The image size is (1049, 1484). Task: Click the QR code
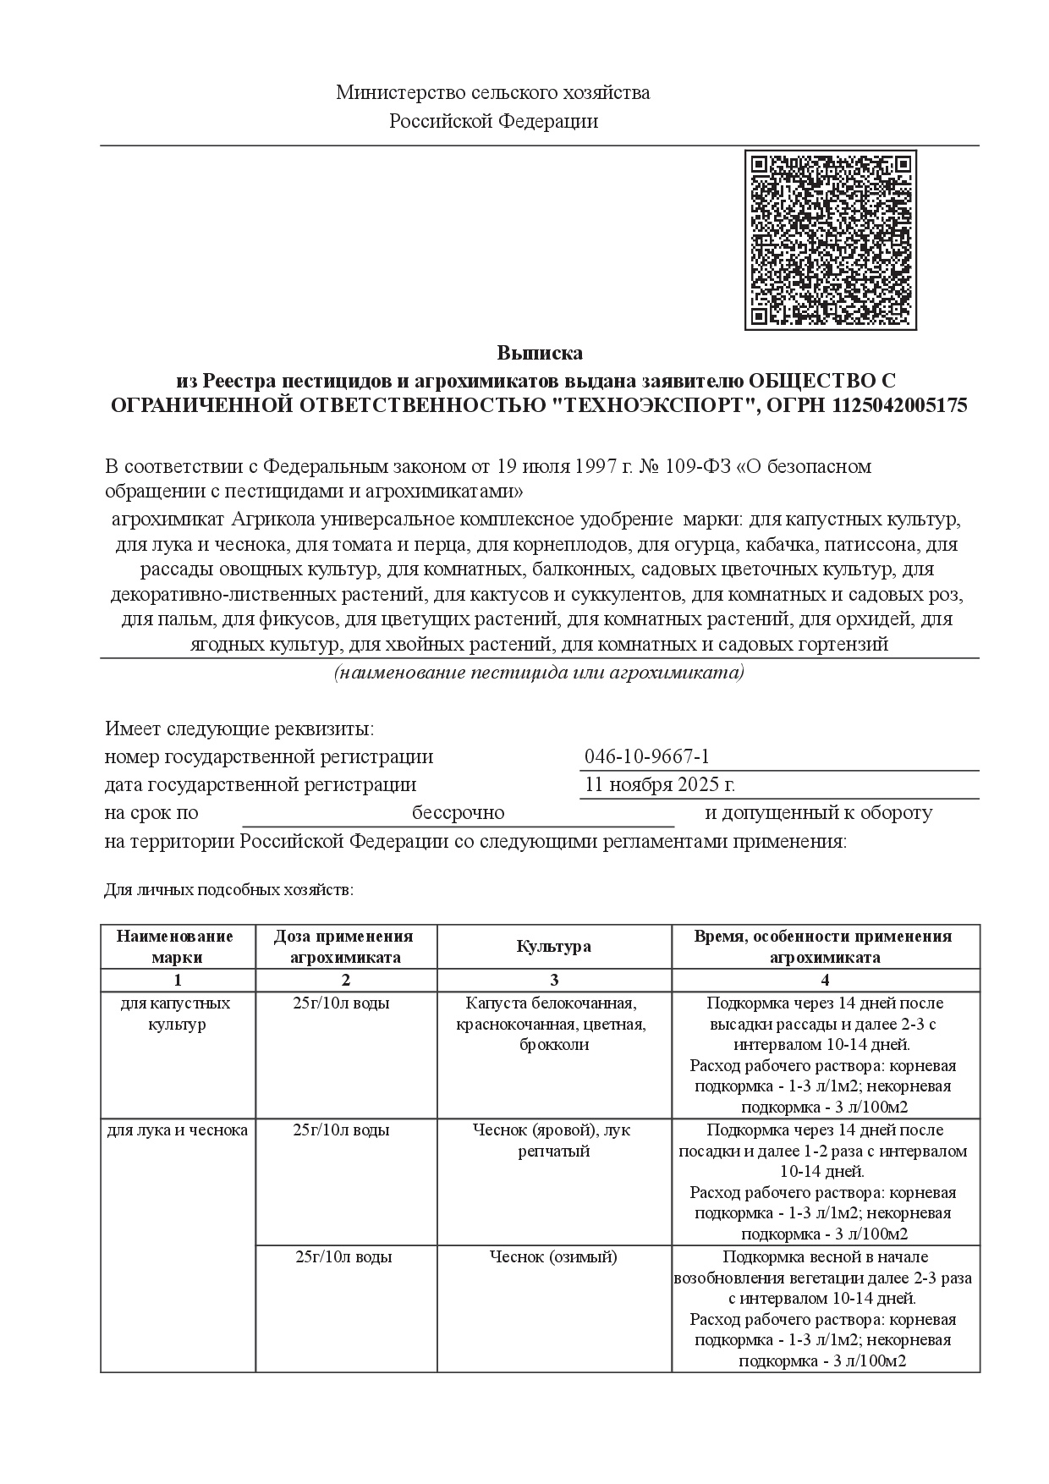point(830,240)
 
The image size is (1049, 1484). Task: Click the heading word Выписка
point(540,353)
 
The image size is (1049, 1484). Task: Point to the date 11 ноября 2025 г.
point(660,784)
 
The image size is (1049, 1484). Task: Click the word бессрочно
point(458,813)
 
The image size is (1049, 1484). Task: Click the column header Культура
point(554,947)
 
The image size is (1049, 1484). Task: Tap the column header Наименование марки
point(178,947)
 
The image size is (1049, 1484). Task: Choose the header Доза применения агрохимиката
point(345,947)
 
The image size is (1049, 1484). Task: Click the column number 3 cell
point(554,981)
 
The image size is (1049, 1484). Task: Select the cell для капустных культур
point(178,1014)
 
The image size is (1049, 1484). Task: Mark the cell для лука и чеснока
point(178,1130)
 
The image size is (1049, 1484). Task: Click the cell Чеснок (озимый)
point(554,1257)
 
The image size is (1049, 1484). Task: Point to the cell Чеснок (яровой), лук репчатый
point(554,1140)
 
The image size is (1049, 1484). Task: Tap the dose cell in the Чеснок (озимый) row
point(344,1257)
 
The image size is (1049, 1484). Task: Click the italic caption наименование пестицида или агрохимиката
point(539,673)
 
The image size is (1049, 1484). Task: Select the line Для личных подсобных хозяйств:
point(228,890)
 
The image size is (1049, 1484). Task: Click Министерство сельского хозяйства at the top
point(493,93)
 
